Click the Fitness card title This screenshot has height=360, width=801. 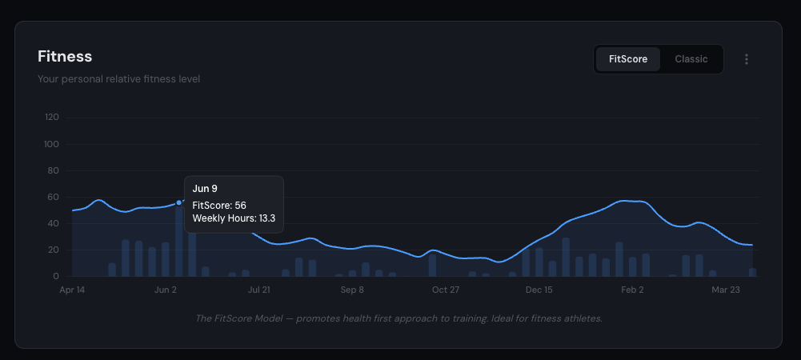(x=65, y=57)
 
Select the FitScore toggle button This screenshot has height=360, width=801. (x=628, y=59)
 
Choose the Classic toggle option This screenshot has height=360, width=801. (x=691, y=59)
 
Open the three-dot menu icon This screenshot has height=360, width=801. (x=747, y=59)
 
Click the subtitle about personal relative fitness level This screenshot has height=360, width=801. (x=118, y=79)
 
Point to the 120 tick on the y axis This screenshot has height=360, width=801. (x=52, y=118)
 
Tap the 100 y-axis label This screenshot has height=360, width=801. (x=52, y=144)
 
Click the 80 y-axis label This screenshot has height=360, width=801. (x=54, y=170)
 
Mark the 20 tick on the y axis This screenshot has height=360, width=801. (x=54, y=250)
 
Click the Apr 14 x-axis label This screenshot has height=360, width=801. (x=72, y=290)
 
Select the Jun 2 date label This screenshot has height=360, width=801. (x=165, y=290)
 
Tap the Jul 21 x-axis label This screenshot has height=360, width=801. (x=258, y=290)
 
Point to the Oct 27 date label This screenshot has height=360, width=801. (x=445, y=290)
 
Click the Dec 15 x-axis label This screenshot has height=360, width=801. (x=539, y=290)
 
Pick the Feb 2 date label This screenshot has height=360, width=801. (x=632, y=290)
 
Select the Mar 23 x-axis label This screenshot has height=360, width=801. (x=725, y=290)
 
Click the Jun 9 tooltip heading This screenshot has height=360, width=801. (x=205, y=189)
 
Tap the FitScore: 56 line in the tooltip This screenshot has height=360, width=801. (x=219, y=206)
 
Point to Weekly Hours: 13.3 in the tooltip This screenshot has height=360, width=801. (x=234, y=218)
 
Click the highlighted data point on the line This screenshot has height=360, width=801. (x=178, y=202)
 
